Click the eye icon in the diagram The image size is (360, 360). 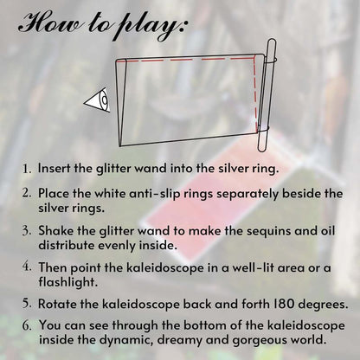click(98, 100)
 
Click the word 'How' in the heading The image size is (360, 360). click(50, 22)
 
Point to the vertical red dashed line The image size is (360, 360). click(254, 93)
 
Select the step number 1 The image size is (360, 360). click(27, 169)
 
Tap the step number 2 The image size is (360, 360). click(27, 193)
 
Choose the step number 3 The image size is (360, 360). click(27, 231)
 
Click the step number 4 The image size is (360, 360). click(27, 267)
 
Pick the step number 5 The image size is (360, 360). click(27, 304)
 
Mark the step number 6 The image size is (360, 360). click(27, 325)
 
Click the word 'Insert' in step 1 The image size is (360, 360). click(55, 168)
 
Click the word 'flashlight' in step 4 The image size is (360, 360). click(68, 281)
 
